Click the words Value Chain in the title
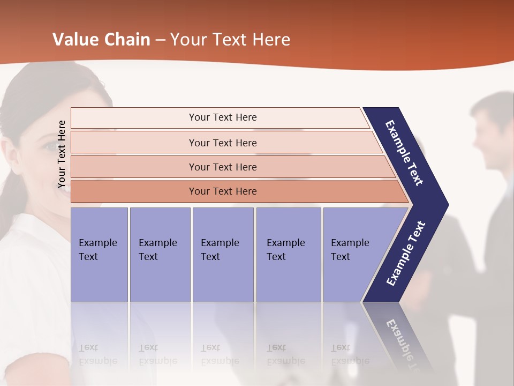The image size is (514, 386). [101, 40]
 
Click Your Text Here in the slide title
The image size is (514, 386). [230, 40]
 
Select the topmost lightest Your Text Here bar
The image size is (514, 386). [223, 117]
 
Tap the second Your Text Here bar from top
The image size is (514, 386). [223, 143]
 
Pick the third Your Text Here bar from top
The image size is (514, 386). [223, 167]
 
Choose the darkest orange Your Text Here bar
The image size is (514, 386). [223, 191]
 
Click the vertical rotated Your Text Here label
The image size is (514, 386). [62, 154]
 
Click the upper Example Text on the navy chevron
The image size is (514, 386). [404, 153]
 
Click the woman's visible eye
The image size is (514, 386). [49, 146]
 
